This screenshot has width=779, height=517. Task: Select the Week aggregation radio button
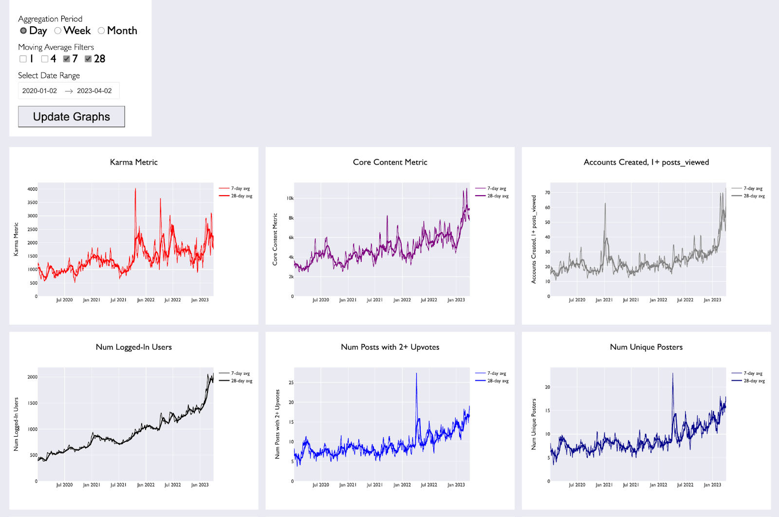tap(58, 31)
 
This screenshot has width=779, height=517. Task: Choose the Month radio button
tap(101, 31)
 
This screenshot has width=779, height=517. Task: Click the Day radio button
tap(23, 31)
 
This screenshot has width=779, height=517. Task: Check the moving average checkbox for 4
tap(45, 59)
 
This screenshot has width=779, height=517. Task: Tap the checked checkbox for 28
tap(88, 59)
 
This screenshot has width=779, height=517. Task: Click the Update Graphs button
tap(71, 116)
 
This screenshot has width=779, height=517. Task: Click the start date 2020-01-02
tap(39, 91)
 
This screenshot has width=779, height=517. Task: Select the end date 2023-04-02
tap(94, 91)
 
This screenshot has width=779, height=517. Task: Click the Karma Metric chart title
tap(133, 162)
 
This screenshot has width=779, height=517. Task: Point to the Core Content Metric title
tap(390, 162)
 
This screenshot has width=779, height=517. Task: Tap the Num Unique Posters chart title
tap(646, 347)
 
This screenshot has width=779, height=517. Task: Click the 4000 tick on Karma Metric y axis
tap(32, 189)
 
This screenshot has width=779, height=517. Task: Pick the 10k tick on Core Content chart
tap(290, 198)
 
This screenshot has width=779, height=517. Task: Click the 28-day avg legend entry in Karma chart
tap(236, 196)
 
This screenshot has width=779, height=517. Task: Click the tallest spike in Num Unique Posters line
tap(672, 373)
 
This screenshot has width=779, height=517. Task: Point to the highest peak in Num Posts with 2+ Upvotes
tap(416, 373)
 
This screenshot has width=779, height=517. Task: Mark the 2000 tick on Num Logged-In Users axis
tap(32, 377)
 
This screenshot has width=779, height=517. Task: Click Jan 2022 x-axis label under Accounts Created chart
tap(658, 300)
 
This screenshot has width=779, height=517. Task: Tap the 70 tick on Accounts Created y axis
tap(547, 193)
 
